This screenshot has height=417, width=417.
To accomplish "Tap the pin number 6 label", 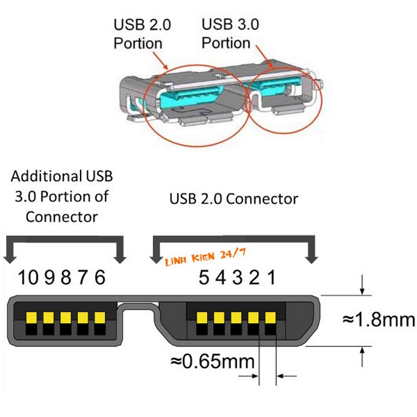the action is [x=100, y=278].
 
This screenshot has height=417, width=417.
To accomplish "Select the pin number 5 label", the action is [x=203, y=278].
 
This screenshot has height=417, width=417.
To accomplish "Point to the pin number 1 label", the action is [x=270, y=278].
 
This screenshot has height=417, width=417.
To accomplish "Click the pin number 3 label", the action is [x=237, y=278].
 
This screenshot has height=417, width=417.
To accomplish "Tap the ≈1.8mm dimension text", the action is [x=378, y=320].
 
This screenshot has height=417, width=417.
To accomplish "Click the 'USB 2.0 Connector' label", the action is [x=233, y=199].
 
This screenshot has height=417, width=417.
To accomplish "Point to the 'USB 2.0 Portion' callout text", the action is [x=138, y=34].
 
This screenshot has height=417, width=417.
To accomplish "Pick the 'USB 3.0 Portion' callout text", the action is [x=230, y=34].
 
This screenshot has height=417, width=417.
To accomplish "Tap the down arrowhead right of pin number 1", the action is [x=310, y=255].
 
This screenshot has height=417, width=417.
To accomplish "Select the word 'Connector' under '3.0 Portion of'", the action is [x=61, y=217].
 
